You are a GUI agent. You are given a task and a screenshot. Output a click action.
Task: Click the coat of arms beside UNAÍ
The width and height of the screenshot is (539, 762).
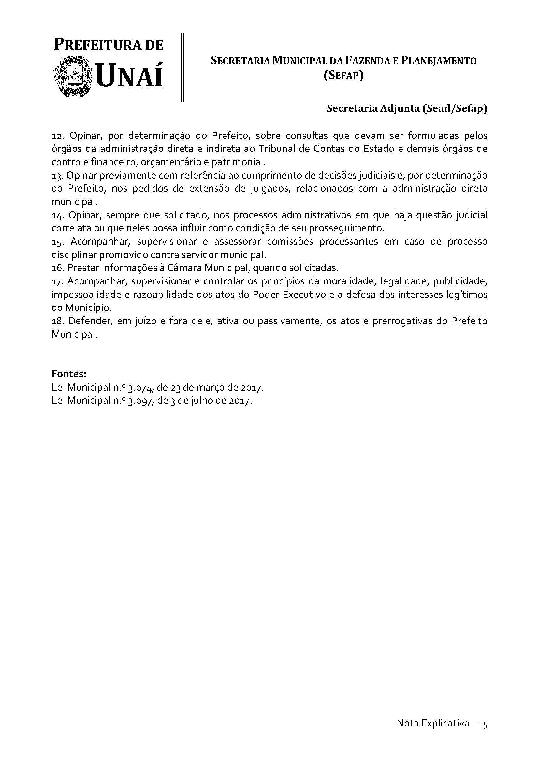[72, 77]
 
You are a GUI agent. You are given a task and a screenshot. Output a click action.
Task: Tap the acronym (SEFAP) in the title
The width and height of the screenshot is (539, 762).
[343, 76]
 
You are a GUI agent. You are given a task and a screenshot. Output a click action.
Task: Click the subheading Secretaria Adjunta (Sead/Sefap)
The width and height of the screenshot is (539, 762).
[407, 109]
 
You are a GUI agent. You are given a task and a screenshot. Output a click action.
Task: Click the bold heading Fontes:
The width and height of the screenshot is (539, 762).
[69, 374]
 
